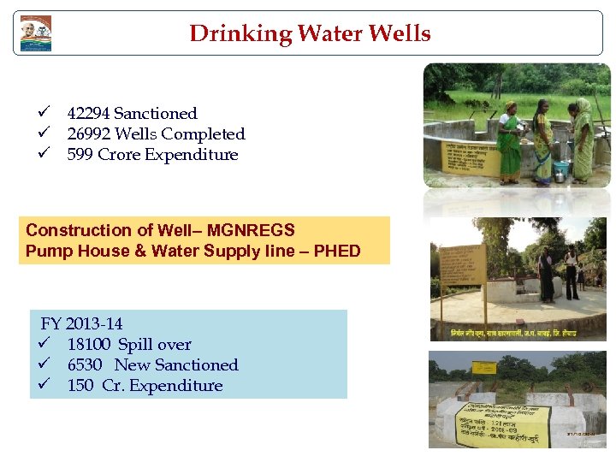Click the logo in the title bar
(x=36, y=33)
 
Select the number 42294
(x=88, y=114)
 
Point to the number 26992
(x=88, y=134)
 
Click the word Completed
(x=203, y=134)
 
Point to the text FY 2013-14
(x=82, y=324)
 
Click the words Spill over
(x=155, y=345)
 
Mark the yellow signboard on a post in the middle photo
(x=462, y=264)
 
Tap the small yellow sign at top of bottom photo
(x=483, y=368)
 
